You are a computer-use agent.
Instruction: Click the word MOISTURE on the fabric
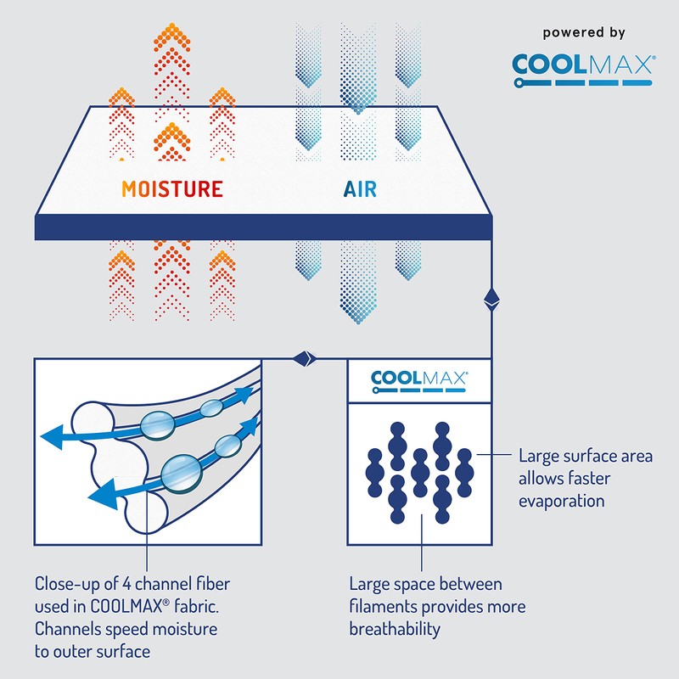pos(172,188)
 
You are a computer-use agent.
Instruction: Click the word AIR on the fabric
pos(360,188)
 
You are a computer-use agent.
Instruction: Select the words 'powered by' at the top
pos(584,33)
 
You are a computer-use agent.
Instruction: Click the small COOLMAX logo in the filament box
pos(419,381)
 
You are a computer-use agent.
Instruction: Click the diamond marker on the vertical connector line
pos(490,298)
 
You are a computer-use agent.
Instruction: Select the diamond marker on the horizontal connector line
pos(305,360)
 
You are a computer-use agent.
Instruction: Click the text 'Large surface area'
pos(586,457)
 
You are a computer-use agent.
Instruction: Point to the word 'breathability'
pos(396,629)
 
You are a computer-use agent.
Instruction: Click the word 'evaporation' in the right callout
pos(562,501)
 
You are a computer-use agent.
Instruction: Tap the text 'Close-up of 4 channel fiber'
pos(132,585)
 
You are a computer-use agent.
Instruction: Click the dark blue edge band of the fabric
pos(263,227)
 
